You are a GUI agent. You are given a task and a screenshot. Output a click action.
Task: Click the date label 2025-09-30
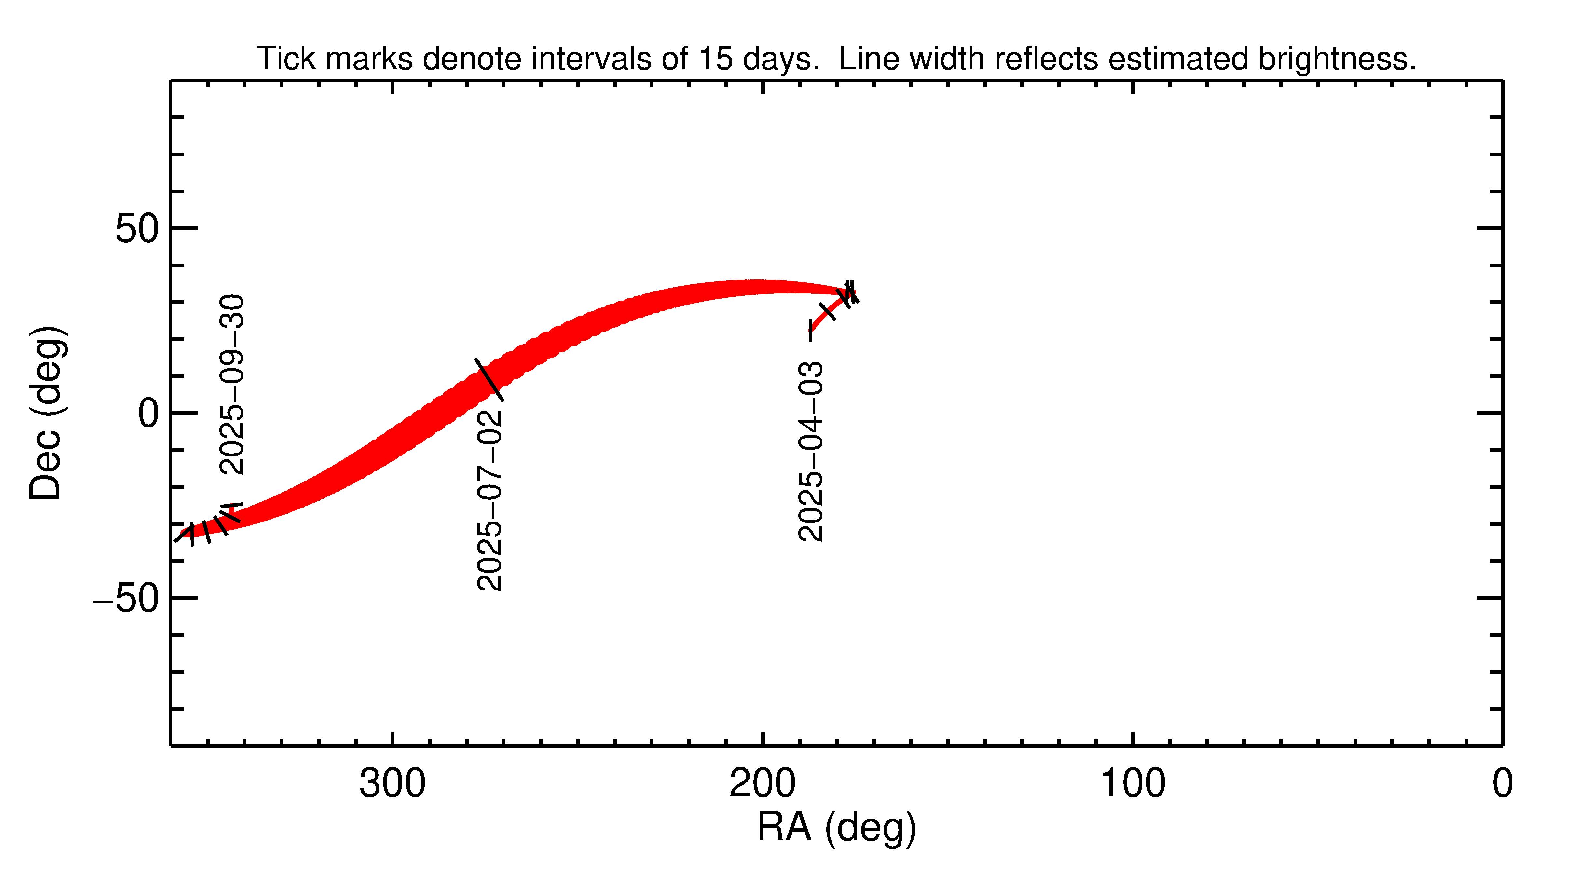pyautogui.click(x=232, y=385)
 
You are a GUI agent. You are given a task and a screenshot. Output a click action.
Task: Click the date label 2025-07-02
pyautogui.click(x=489, y=500)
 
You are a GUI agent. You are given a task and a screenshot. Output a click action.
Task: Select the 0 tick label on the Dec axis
pyautogui.click(x=149, y=414)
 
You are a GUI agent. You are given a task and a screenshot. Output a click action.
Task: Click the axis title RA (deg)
pyautogui.click(x=836, y=828)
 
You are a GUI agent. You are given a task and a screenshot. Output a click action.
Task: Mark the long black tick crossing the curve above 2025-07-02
pyautogui.click(x=489, y=379)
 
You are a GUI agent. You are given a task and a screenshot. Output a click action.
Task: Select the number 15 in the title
pyautogui.click(x=716, y=59)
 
